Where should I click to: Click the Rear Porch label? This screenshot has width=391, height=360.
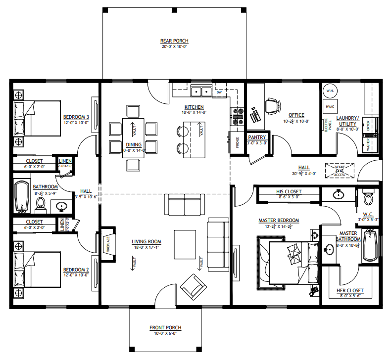174,41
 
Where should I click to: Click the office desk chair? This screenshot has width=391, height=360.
272,105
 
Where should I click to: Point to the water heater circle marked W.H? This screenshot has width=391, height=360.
330,92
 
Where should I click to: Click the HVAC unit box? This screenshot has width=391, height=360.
330,107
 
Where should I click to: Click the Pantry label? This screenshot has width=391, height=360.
257,137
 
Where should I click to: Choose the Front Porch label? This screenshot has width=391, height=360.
165,327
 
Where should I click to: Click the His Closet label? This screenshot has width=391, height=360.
289,192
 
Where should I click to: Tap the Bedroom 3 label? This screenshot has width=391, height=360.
76,117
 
